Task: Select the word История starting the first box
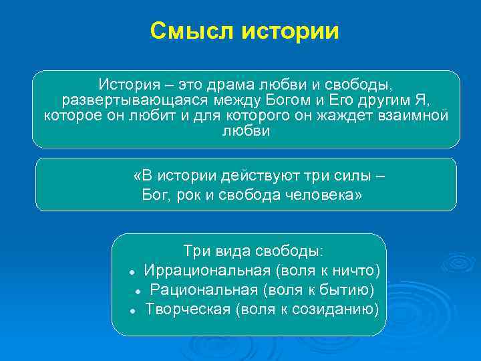tap(127, 86)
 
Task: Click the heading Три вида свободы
tap(253, 251)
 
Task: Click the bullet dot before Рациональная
tap(136, 291)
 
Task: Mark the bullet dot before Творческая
tap(133, 310)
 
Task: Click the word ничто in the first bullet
tap(357, 270)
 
